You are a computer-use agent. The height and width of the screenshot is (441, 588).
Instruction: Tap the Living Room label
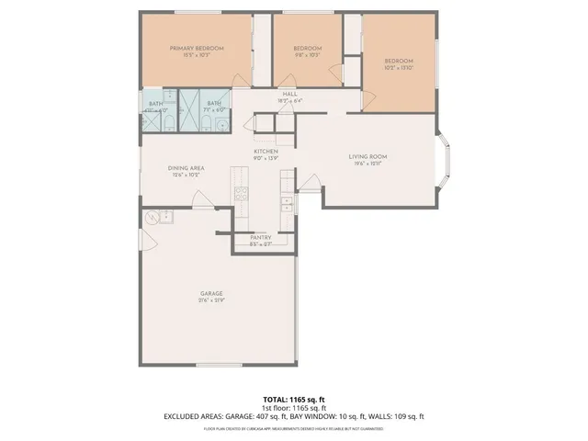(367, 156)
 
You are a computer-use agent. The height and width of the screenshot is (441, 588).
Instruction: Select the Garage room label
(211, 293)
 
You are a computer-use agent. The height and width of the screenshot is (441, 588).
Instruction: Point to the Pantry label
(261, 237)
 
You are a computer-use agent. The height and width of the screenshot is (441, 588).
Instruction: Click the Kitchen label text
(266, 151)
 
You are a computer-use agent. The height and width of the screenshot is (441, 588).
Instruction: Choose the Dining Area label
(186, 168)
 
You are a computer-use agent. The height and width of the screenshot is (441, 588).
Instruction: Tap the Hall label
(289, 94)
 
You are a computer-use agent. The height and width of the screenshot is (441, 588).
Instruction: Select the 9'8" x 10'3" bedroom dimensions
(307, 55)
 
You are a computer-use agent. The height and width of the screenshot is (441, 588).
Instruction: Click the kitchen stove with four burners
(241, 193)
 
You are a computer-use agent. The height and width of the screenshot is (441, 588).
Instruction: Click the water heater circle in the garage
(151, 217)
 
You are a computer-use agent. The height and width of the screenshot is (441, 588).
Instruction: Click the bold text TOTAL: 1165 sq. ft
(294, 399)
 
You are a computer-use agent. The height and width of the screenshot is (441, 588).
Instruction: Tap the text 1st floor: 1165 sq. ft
(294, 408)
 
